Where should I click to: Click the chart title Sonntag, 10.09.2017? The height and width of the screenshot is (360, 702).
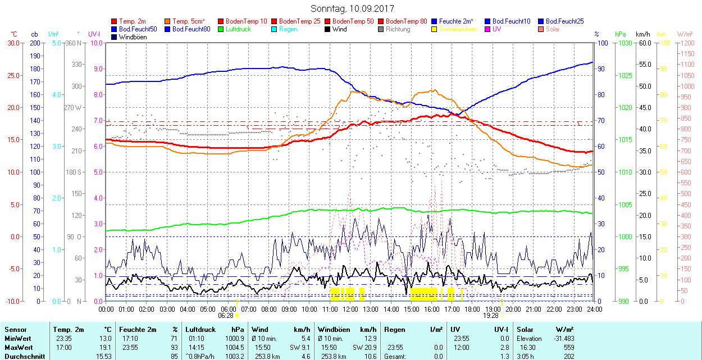click(x=352, y=8)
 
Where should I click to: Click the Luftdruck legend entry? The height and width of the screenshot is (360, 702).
click(x=238, y=29)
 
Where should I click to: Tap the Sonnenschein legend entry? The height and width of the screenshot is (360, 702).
click(x=458, y=29)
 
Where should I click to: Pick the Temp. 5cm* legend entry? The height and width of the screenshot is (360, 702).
click(x=189, y=21)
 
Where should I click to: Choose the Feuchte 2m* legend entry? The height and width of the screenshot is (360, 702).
click(x=457, y=21)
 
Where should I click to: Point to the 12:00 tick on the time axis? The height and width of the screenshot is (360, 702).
click(x=350, y=309)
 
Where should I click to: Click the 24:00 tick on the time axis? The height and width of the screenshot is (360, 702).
click(x=594, y=309)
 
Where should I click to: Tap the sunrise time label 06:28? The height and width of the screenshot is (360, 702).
click(x=226, y=316)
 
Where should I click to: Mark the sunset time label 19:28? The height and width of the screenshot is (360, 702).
click(x=491, y=316)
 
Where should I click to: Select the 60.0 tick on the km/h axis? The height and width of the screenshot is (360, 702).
click(x=644, y=43)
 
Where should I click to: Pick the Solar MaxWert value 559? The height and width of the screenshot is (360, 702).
click(x=568, y=347)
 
